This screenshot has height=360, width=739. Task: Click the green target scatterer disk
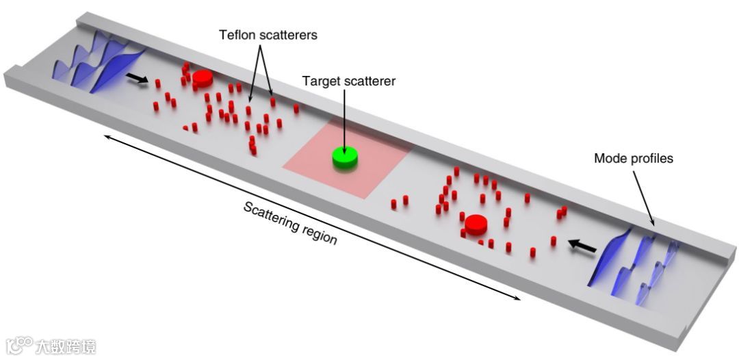344,157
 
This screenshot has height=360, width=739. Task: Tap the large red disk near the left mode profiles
201,77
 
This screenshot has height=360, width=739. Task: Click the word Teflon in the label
235,35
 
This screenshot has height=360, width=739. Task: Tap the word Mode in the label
609,159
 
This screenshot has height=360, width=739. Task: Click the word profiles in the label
649,159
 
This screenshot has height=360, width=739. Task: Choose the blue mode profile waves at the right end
633,263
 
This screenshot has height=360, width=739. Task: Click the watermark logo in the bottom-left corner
21,344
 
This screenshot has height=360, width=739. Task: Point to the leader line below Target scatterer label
344,116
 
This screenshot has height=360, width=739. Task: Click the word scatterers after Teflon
287,35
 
